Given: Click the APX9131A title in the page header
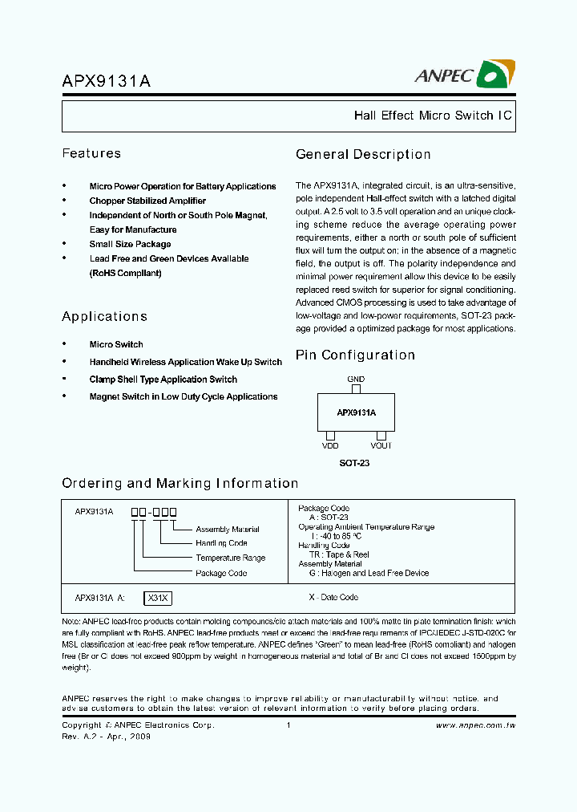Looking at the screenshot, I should (106, 80).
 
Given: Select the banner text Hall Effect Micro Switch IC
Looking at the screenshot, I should (433, 116).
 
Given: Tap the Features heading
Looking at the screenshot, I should (91, 153).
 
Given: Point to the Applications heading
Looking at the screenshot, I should (105, 316).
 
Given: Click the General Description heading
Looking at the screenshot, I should (363, 154).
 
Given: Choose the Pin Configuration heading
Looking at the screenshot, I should (355, 355).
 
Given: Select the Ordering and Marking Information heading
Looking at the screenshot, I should (180, 483).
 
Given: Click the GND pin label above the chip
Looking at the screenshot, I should (356, 379).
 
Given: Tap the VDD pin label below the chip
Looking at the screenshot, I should (330, 445).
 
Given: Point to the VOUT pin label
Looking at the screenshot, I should (381, 445).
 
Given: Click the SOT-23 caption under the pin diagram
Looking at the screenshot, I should (354, 463).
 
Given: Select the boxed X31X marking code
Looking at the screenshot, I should (158, 598).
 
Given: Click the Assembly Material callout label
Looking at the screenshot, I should (228, 530).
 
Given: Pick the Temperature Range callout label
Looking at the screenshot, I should (230, 558).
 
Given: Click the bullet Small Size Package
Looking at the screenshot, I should (130, 244).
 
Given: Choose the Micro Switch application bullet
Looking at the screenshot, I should (116, 344).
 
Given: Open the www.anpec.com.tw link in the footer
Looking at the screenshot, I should (475, 725).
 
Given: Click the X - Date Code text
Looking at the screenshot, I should (333, 598).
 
